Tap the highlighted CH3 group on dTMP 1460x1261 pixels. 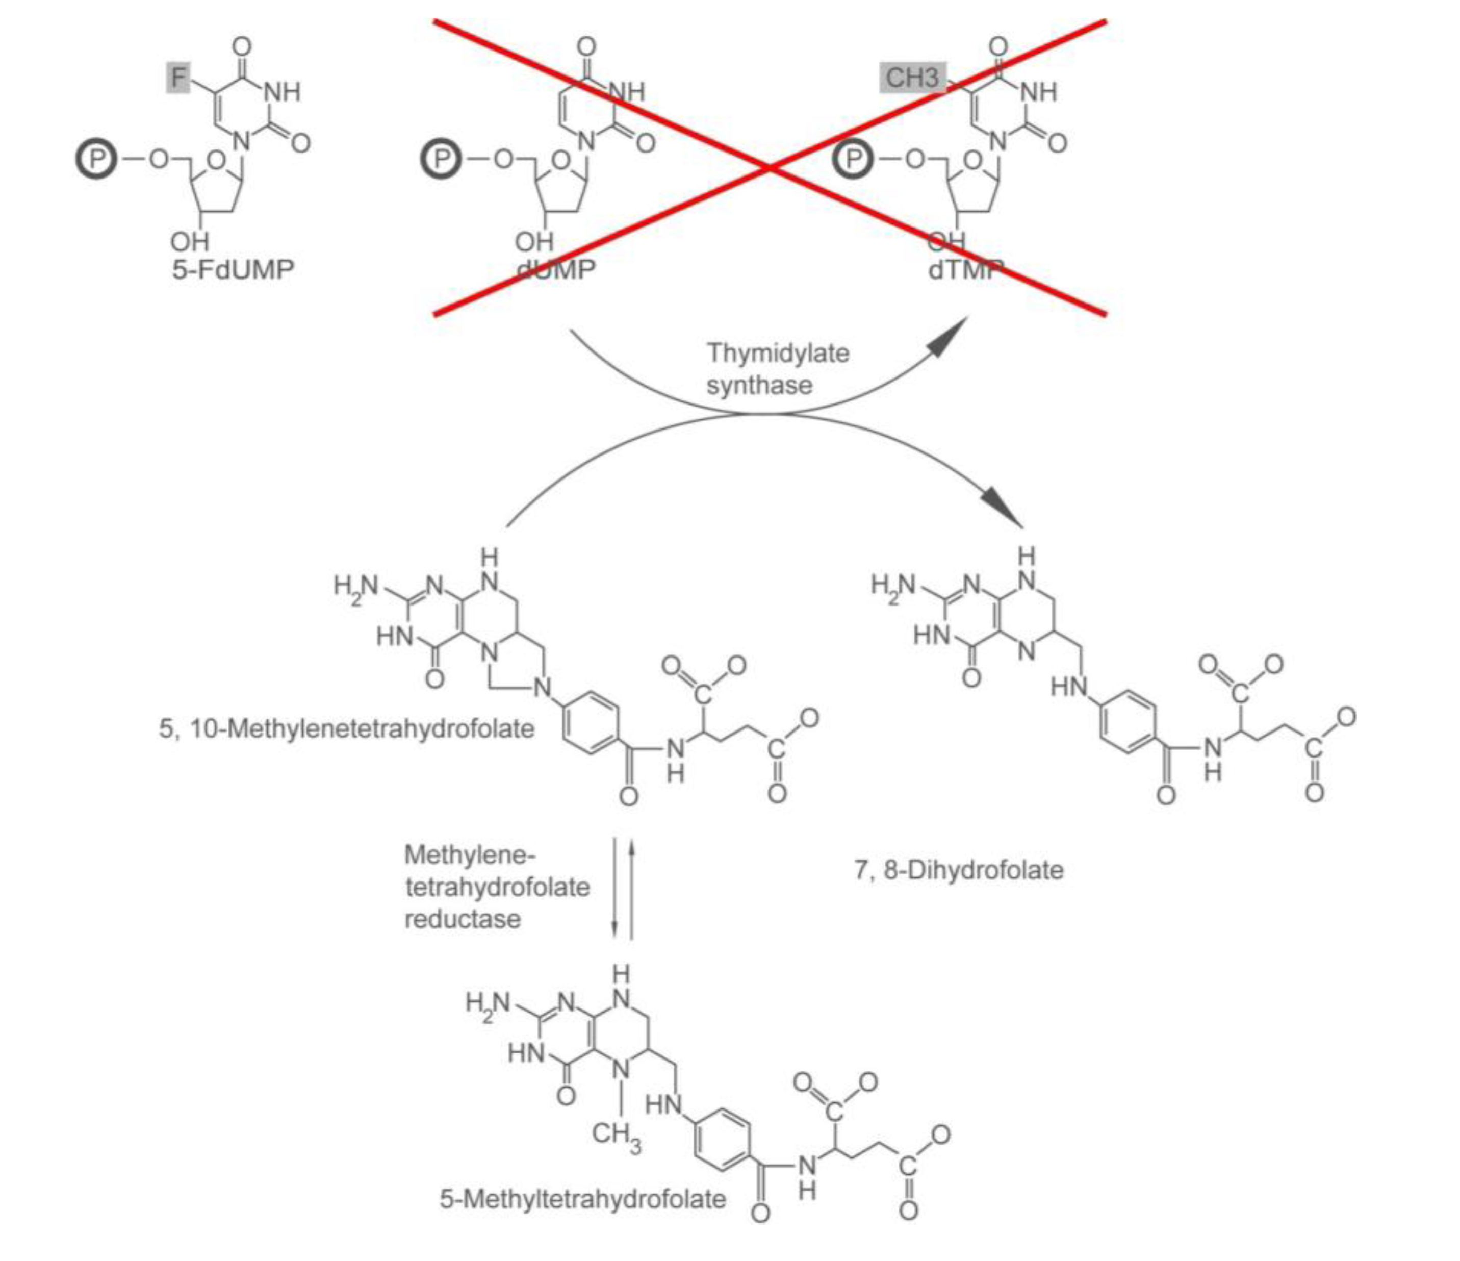(x=912, y=77)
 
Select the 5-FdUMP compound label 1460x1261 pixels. (x=233, y=269)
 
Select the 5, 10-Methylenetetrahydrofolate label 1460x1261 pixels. (x=347, y=728)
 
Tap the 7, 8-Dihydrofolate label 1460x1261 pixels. (x=958, y=870)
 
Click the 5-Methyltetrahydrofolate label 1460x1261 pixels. (x=583, y=1198)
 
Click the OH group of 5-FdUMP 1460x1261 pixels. (x=190, y=242)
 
